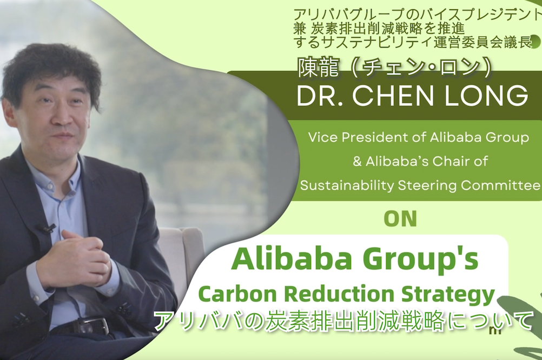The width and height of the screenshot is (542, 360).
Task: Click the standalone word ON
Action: [400, 219]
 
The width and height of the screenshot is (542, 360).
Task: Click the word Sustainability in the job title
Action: [347, 186]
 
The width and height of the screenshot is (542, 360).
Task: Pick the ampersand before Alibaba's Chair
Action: [357, 161]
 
